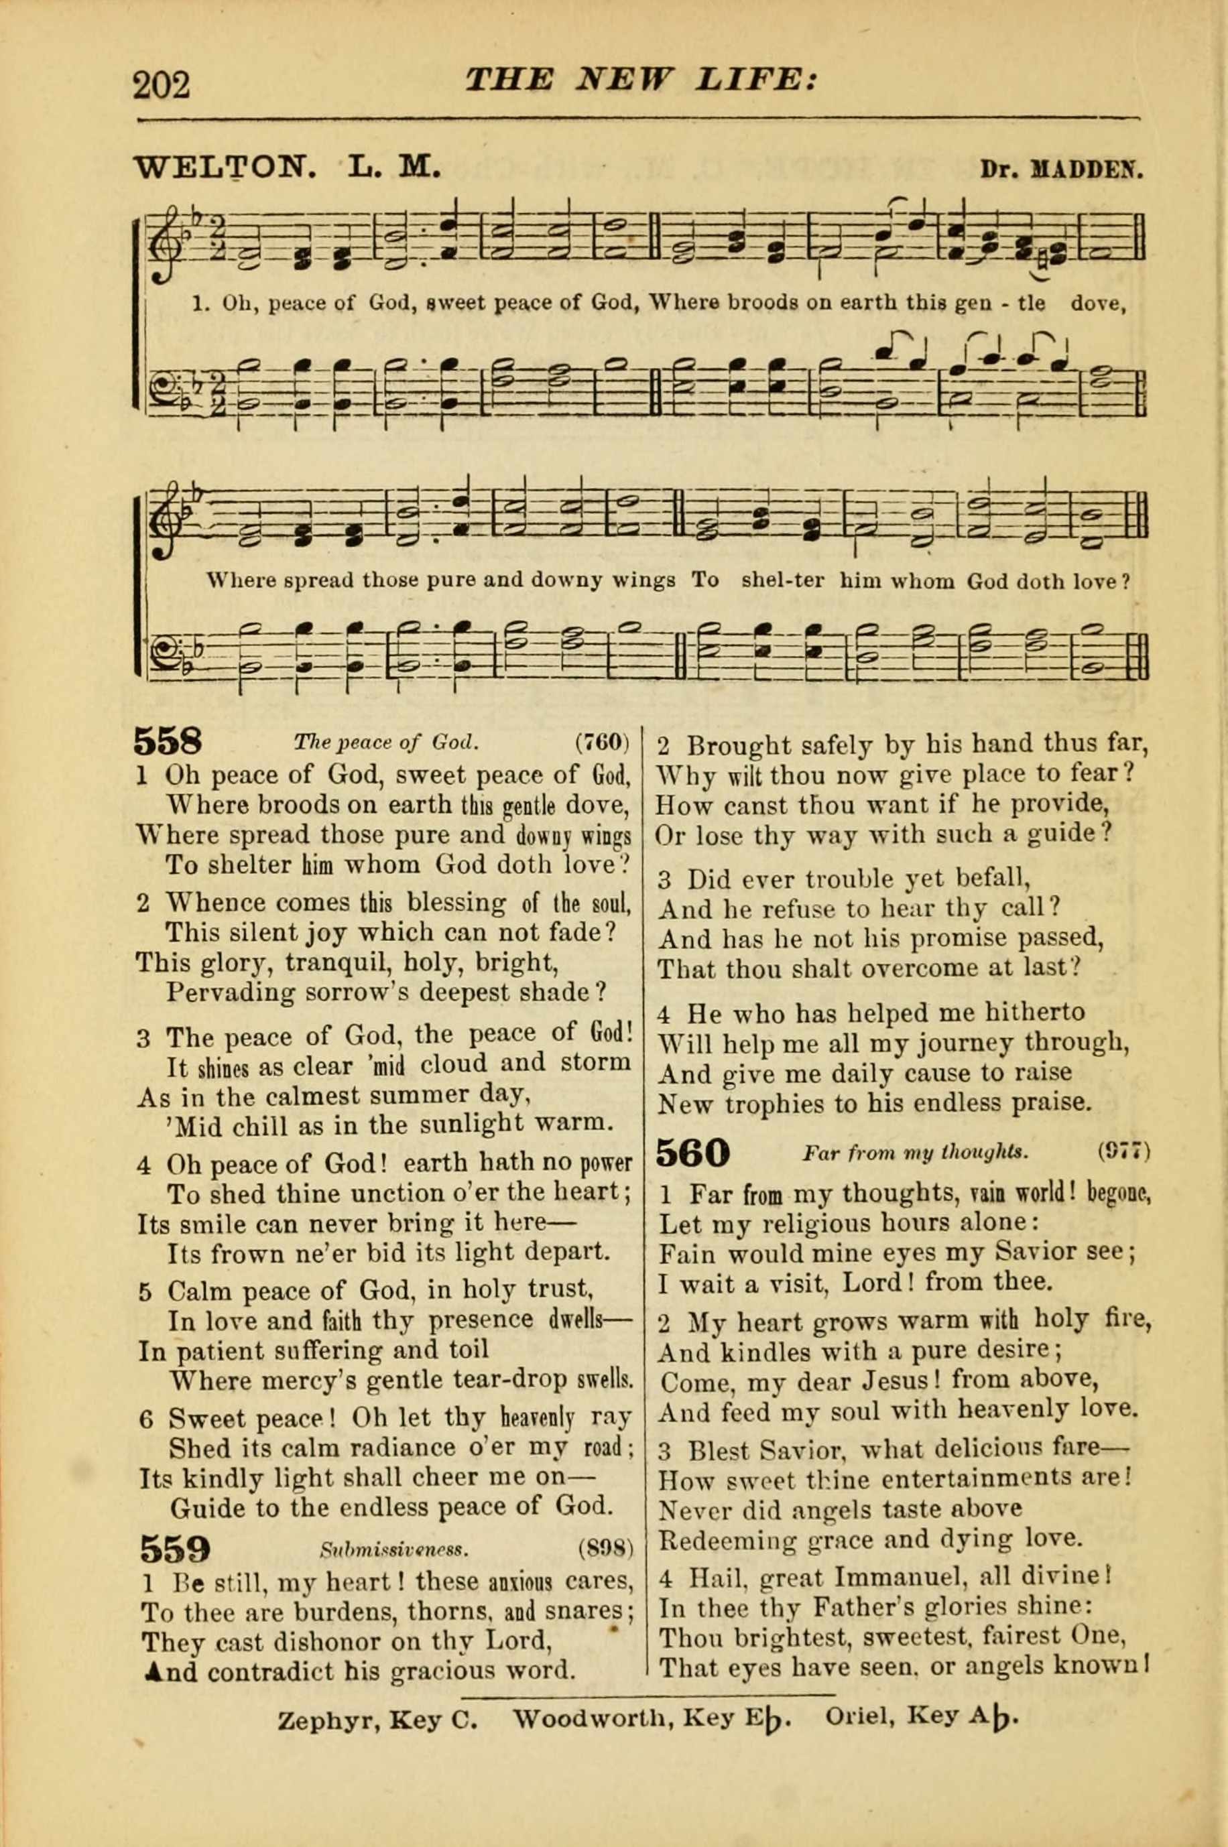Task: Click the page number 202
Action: (162, 84)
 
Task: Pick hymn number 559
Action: (176, 1549)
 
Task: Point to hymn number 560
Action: (692, 1152)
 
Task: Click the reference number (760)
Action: (602, 741)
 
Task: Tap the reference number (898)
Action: (605, 1548)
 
